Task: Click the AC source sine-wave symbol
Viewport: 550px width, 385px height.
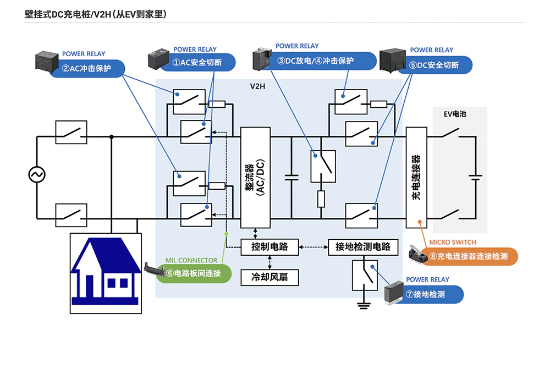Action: (x=37, y=175)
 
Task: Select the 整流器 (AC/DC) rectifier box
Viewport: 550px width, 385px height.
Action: (x=256, y=178)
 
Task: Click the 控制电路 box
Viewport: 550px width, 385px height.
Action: (x=269, y=247)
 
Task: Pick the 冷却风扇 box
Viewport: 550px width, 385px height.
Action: (x=269, y=277)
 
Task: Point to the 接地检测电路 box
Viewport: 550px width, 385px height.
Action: (x=362, y=247)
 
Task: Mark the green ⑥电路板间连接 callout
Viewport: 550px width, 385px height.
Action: (x=193, y=273)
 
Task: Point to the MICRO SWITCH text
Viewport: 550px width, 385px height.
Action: (x=453, y=242)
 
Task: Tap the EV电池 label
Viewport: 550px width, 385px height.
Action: (x=455, y=114)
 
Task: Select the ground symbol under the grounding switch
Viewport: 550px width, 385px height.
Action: (x=362, y=305)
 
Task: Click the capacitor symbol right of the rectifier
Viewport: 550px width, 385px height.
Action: (x=291, y=178)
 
